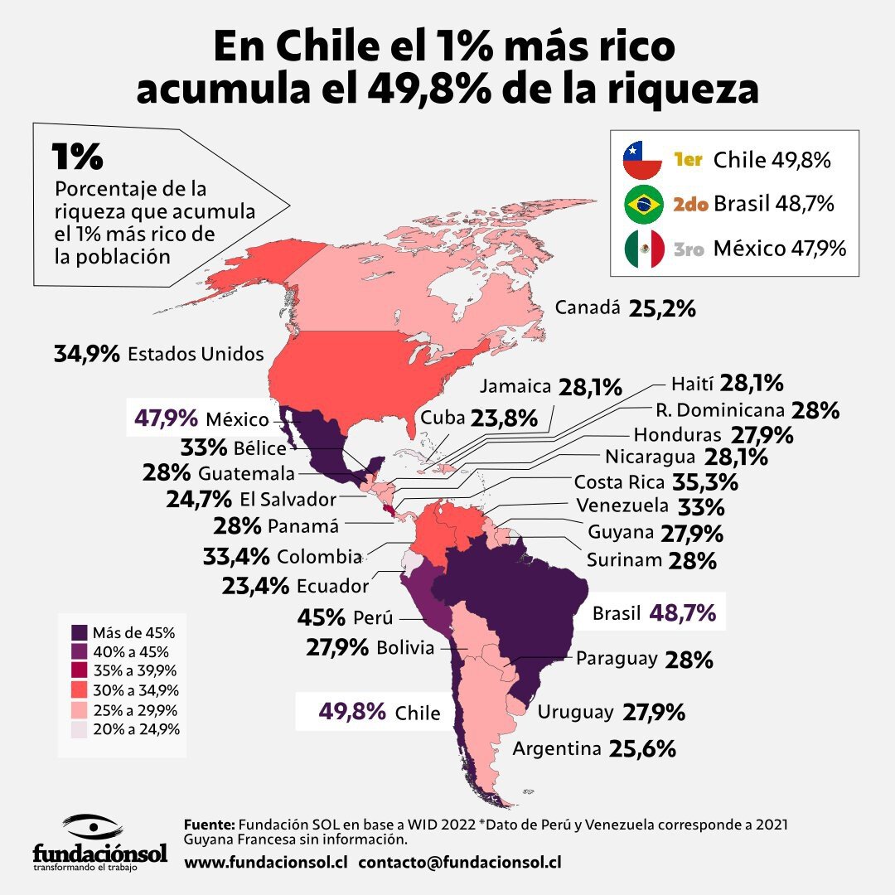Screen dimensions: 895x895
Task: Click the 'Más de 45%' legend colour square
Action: tap(80, 632)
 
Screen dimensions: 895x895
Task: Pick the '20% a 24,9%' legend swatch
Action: tap(80, 729)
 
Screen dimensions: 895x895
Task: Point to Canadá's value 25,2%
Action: tap(662, 309)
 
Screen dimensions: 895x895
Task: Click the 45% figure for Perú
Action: tap(322, 617)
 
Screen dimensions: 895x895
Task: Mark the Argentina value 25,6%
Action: tap(642, 749)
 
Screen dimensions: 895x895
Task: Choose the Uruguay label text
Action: tap(575, 712)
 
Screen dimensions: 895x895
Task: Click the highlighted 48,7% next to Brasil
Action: tap(683, 613)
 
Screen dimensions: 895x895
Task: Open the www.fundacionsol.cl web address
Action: tap(265, 862)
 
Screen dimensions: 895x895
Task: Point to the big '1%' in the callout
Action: tap(77, 157)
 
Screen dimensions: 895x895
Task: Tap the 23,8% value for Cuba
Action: tap(504, 418)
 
